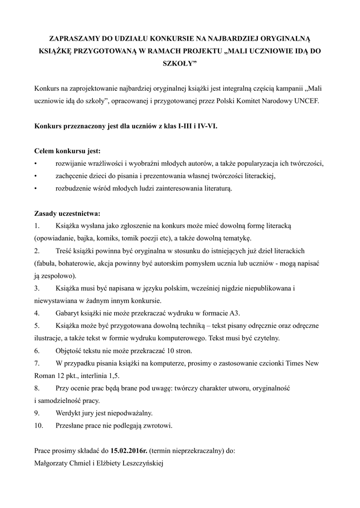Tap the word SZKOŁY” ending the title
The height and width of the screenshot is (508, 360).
tap(180, 64)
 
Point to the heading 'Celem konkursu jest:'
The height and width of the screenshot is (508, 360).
tap(67, 151)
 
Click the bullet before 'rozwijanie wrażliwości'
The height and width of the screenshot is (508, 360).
tap(36, 164)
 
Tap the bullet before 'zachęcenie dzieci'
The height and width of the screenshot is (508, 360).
tap(36, 176)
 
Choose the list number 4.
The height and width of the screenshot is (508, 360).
tap(37, 313)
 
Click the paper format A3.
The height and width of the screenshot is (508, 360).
tap(235, 313)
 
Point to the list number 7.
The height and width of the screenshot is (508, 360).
tap(37, 363)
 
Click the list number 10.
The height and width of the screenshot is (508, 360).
tap(39, 425)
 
